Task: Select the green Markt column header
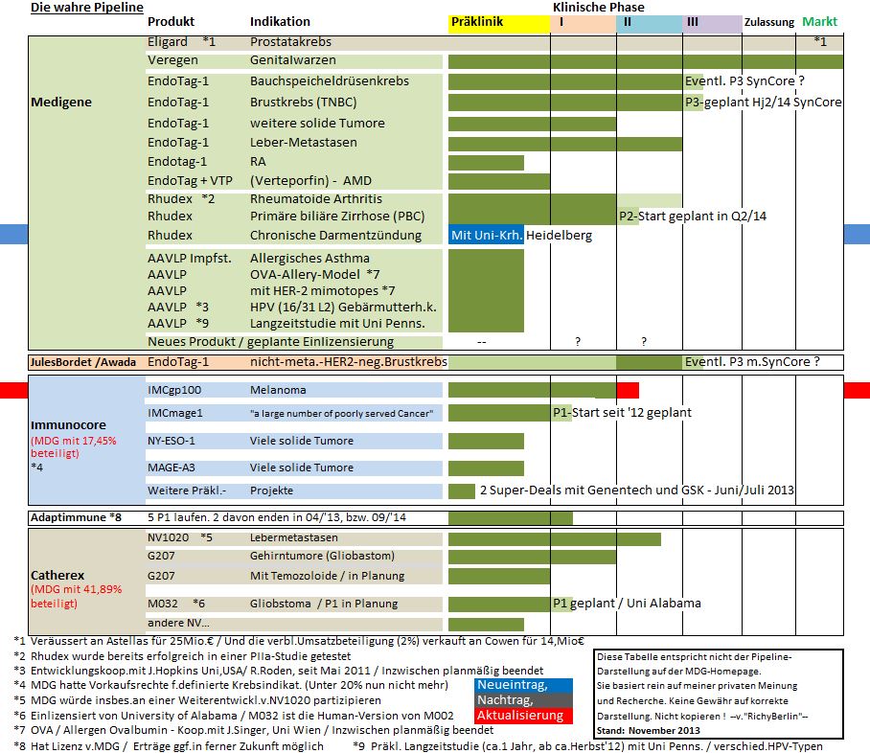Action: point(819,22)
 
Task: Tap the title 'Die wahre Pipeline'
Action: point(86,8)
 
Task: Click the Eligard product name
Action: point(168,42)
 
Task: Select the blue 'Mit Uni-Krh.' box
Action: point(487,235)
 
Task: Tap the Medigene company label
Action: point(62,102)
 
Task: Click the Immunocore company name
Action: point(68,424)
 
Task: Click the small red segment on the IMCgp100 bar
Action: point(628,390)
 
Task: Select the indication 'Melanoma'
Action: point(279,391)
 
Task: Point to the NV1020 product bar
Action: point(554,538)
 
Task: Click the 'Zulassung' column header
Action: point(769,22)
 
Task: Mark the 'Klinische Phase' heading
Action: point(598,7)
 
